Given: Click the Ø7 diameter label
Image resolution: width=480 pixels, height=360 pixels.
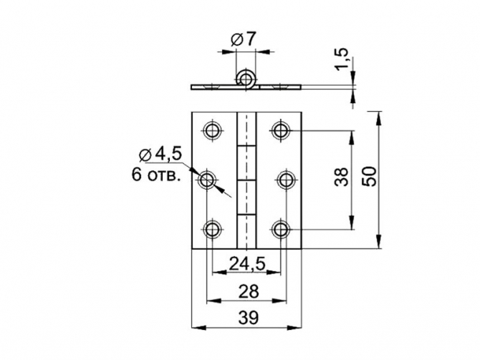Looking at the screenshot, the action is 243,40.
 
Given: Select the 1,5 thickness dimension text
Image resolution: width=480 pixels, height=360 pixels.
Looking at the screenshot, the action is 342,59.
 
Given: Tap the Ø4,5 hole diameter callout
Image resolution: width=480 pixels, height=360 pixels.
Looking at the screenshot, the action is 160,154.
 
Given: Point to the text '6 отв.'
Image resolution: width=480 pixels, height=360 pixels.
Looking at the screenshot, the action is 155,175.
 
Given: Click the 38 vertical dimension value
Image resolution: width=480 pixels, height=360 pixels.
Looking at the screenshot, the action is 342,177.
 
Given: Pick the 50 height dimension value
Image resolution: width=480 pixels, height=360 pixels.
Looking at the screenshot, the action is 369,177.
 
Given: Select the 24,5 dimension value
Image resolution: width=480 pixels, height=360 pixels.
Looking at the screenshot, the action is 247,263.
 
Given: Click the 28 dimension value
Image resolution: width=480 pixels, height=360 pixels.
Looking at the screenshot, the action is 249,291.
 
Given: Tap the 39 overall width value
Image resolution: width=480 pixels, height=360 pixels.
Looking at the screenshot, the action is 249,318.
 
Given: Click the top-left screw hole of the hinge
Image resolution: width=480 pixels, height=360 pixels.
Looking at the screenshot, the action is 212,130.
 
